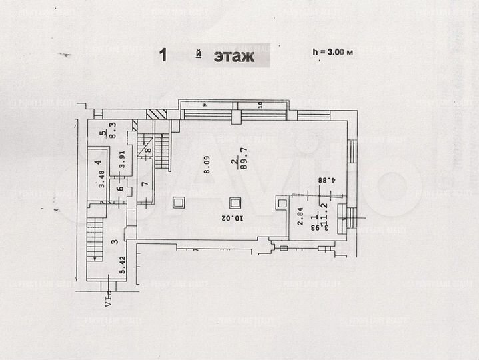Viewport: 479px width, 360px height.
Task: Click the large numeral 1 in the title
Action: click(x=163, y=55)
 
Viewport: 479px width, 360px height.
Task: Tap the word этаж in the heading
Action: click(x=234, y=56)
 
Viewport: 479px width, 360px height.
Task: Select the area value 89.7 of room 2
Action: click(x=243, y=160)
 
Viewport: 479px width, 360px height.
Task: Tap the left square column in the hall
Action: click(x=179, y=202)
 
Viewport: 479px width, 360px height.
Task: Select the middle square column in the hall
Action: click(x=234, y=203)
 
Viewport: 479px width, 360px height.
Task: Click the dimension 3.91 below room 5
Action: click(x=121, y=161)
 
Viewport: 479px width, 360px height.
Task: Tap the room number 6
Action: click(x=119, y=189)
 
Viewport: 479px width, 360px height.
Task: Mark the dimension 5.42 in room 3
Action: click(x=122, y=266)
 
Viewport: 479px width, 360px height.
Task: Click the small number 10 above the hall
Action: click(x=260, y=104)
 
